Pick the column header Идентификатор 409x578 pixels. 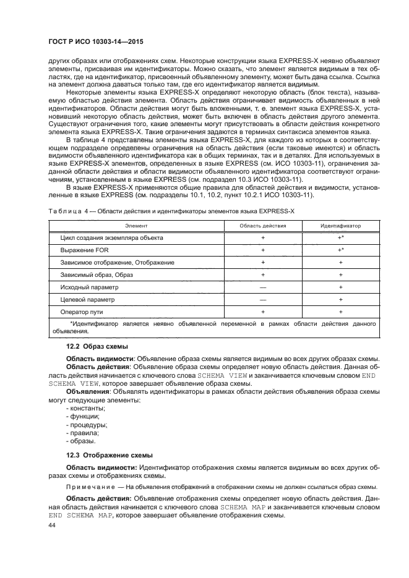340,226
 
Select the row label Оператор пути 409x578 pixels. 82,312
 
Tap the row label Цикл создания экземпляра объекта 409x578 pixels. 111,237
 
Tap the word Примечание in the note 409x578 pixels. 88,487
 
